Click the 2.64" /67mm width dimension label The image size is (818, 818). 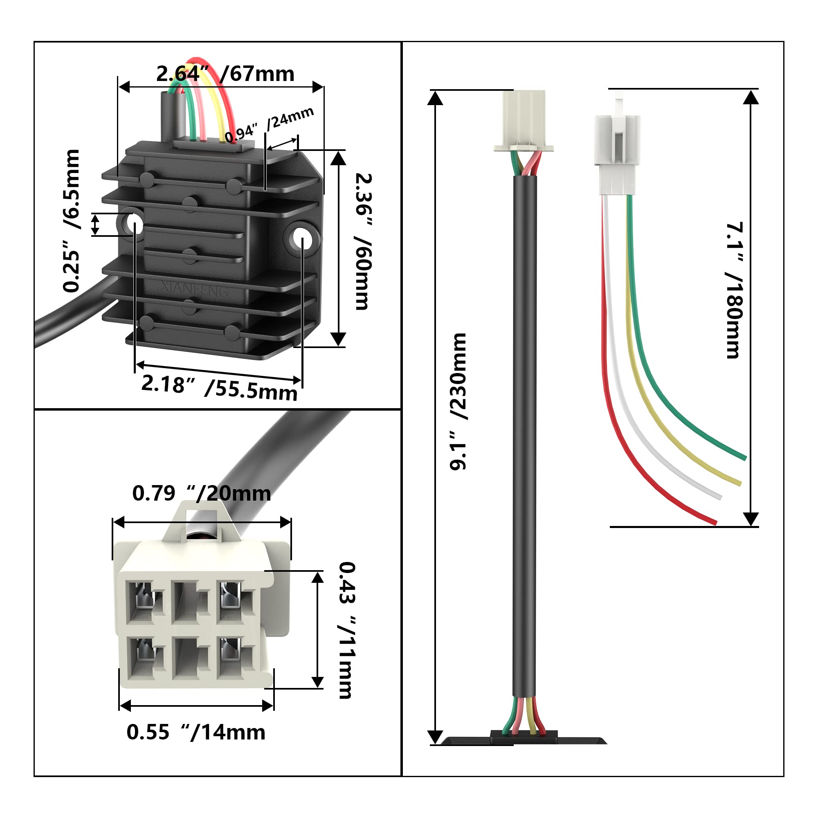click(x=225, y=74)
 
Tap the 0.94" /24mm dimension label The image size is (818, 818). click(x=269, y=124)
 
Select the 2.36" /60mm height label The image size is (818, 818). click(x=363, y=241)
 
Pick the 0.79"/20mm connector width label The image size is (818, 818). click(x=202, y=494)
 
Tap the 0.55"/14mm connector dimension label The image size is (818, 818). click(x=196, y=733)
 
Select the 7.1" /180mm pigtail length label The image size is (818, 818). click(x=734, y=290)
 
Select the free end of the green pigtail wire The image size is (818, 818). click(x=744, y=457)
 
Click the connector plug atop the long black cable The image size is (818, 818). click(x=524, y=121)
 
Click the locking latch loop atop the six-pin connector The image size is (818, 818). click(x=202, y=520)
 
